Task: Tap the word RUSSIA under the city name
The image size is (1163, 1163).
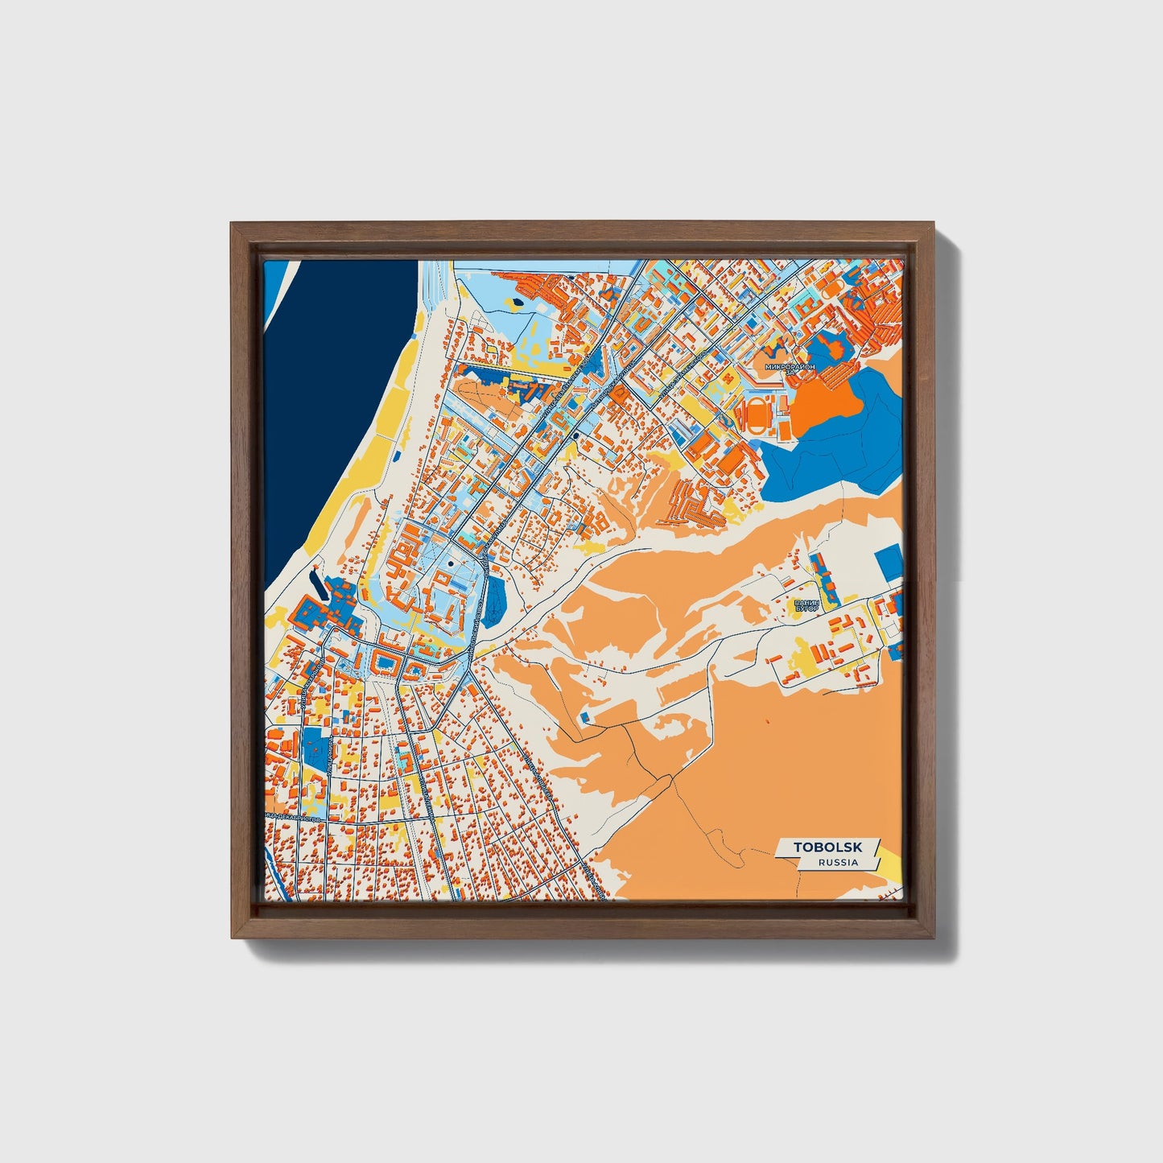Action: click(837, 862)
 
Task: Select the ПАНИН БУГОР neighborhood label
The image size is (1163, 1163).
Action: click(806, 605)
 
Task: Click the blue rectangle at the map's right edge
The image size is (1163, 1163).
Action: click(889, 562)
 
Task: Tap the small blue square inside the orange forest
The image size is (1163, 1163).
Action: click(585, 716)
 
